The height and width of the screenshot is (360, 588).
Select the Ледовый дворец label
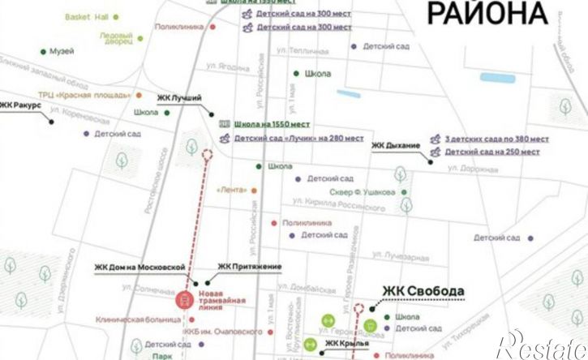(116, 38)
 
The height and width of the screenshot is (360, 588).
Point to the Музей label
(62, 51)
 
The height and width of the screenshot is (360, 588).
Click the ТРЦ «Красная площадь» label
(90, 95)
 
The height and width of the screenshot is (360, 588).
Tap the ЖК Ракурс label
(19, 105)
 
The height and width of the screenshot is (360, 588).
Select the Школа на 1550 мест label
(272, 124)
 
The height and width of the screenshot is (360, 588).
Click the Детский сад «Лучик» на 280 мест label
(298, 139)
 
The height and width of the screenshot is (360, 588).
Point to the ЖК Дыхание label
(396, 145)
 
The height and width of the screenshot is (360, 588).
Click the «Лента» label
(231, 190)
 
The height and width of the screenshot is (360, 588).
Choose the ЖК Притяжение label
(249, 267)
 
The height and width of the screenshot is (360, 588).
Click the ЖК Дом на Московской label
(140, 267)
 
